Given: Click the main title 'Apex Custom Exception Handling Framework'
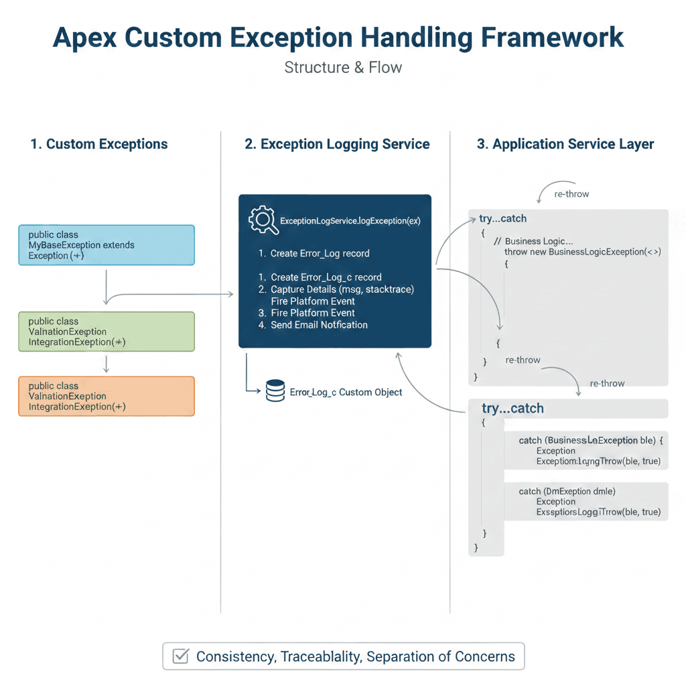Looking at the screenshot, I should click(338, 38).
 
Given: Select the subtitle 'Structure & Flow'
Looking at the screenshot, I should click(343, 68).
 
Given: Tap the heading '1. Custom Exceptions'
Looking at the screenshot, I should click(99, 144).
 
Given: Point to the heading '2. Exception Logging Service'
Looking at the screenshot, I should click(337, 144).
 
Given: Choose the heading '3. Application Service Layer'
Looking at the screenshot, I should click(565, 144).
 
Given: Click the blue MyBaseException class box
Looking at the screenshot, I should click(106, 245).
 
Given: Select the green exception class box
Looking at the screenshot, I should click(106, 332).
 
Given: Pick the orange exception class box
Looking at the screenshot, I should click(106, 396).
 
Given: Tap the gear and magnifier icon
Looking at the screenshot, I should click(263, 221).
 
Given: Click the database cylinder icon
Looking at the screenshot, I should click(275, 391).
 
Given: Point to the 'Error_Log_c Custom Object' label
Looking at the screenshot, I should click(346, 392).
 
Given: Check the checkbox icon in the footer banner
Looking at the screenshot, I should click(180, 657).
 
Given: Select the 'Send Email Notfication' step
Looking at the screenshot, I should click(318, 325).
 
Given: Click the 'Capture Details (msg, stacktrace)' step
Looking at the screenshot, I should click(342, 289).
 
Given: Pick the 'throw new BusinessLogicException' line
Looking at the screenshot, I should click(582, 252).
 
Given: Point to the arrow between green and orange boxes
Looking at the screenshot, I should click(107, 364).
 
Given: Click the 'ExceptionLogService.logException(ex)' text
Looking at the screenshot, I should click(350, 220).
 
